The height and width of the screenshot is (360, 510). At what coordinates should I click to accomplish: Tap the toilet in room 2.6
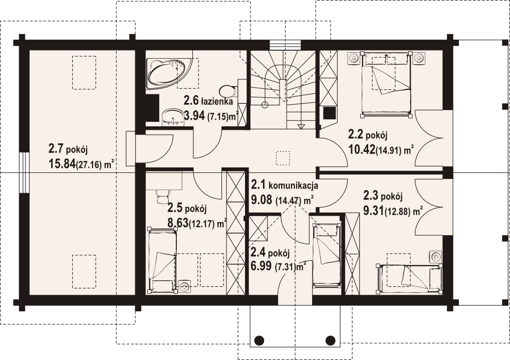pos(228,90)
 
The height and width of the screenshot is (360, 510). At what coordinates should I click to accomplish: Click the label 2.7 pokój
pos(68,149)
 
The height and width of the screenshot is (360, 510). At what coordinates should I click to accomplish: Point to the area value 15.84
pos(62,163)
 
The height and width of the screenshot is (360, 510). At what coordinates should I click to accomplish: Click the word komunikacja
pos(293,186)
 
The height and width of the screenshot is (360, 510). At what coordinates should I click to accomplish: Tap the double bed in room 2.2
pos(386,84)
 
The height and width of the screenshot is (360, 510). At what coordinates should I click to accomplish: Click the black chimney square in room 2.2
pos(329,113)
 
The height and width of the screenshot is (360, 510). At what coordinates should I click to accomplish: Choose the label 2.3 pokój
pos(383,196)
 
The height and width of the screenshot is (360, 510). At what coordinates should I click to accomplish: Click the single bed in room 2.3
pos(409,277)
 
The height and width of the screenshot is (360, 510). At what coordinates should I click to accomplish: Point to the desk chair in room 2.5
pos(162,196)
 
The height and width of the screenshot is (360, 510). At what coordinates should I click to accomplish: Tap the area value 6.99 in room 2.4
pos(261,266)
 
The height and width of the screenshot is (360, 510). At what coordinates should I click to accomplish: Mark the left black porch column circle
pos(259,340)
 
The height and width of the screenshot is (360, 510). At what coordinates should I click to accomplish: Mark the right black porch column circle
pos(331,340)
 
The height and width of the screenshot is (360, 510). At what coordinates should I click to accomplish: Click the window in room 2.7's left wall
pos(24,173)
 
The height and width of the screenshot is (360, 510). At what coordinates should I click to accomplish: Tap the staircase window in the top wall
pos(284,45)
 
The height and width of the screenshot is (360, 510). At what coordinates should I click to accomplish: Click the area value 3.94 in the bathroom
pos(194,115)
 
